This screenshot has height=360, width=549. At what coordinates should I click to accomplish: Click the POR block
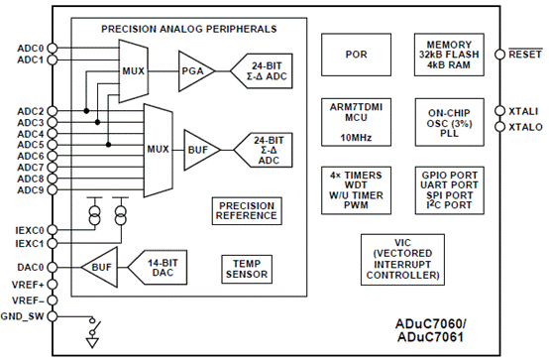(x=355, y=55)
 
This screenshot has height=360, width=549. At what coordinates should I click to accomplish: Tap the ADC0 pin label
(x=30, y=48)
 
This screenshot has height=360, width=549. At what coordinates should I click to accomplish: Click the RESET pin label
(x=524, y=55)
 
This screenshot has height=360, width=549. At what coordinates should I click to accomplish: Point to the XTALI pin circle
(x=497, y=112)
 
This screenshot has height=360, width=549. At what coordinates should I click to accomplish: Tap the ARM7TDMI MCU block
(x=355, y=120)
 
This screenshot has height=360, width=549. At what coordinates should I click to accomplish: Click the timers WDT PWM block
(x=355, y=188)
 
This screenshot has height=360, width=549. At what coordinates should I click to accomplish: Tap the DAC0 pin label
(x=30, y=266)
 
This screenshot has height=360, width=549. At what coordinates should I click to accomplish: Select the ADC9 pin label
(x=30, y=189)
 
